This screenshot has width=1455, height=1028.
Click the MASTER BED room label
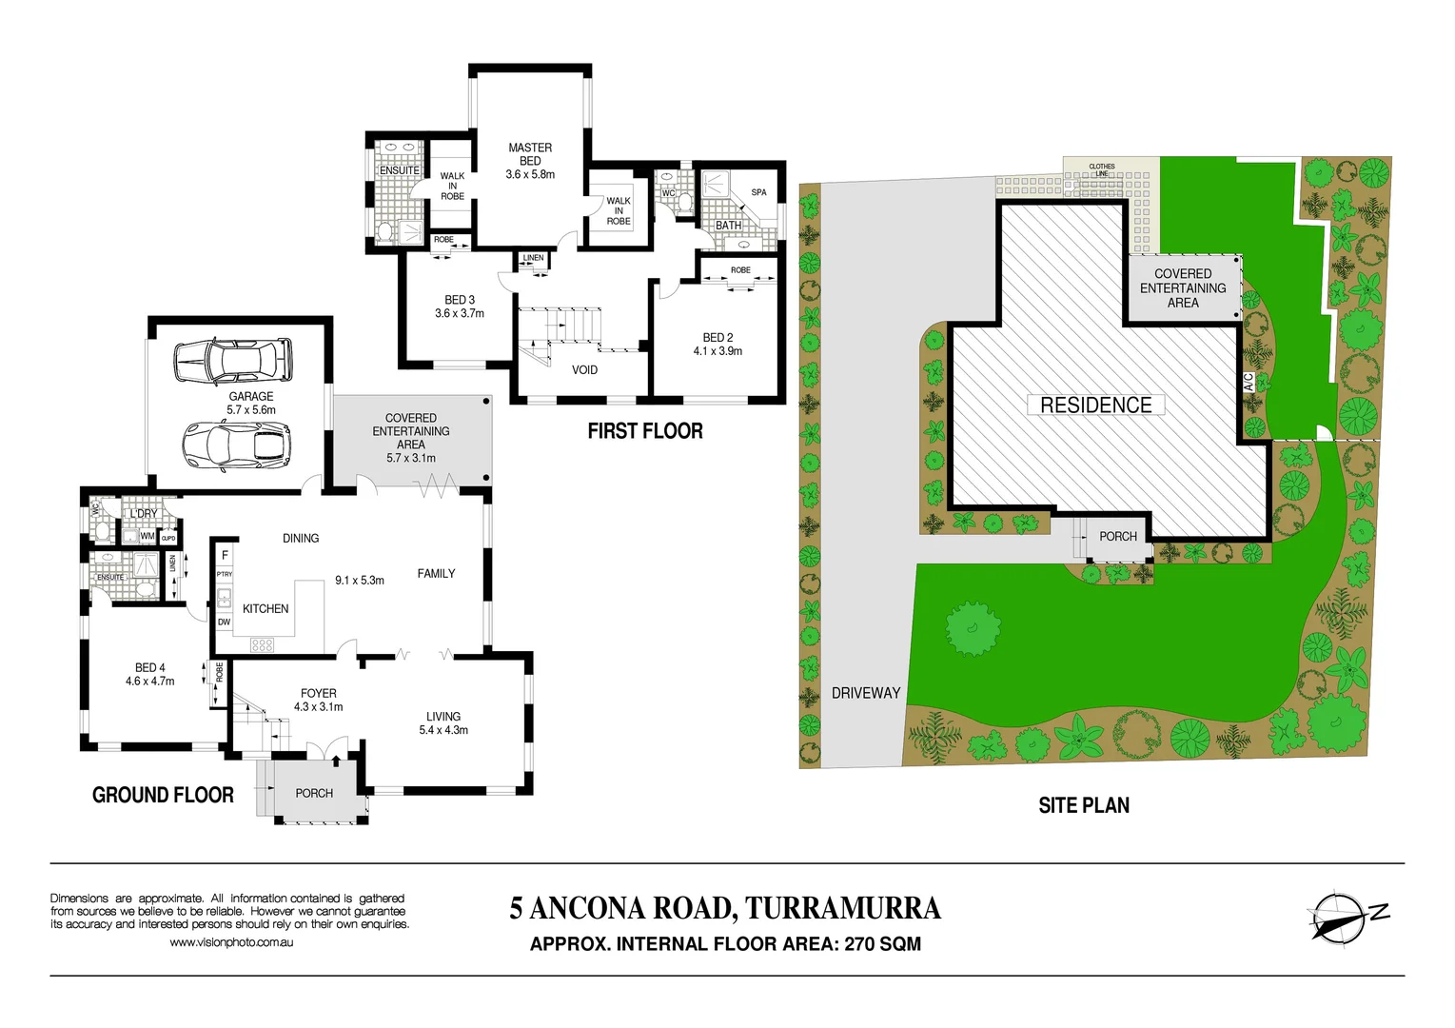coord(530,155)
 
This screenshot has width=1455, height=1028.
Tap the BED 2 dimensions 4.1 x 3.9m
coord(718,351)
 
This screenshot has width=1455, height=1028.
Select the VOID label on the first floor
coord(584,370)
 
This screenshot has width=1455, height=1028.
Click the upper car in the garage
coord(232,360)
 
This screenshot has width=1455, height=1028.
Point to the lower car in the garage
coord(237,445)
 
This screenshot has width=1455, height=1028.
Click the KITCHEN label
coord(265,609)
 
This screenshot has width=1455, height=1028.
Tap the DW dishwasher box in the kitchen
coord(225,623)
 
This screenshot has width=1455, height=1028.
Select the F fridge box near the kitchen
coord(225,555)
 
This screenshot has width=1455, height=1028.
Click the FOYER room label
coord(319,694)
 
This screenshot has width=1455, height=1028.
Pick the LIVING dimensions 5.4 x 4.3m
coord(443,730)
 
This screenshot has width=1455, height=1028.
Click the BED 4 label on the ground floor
coord(150,668)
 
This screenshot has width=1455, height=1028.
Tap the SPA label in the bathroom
coord(758,192)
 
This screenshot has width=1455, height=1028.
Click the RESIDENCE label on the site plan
coord(1095,405)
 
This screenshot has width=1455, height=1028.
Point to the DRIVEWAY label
coord(865,693)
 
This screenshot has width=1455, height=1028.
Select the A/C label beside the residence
coord(1249,383)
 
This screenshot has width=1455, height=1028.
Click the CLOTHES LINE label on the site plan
coord(1102,170)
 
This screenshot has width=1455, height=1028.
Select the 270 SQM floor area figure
coord(882,944)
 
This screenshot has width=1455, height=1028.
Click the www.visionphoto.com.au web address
coord(231,942)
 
